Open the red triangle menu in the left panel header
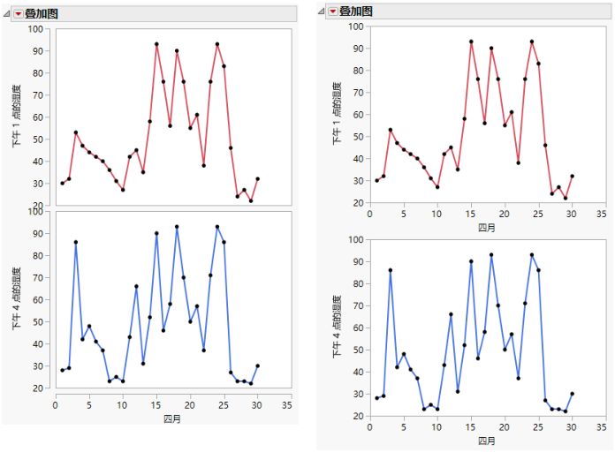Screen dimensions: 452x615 (x=18, y=13)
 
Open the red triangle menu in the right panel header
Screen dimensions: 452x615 (x=333, y=11)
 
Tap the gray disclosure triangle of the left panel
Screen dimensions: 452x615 (x=7, y=13)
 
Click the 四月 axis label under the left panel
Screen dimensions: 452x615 (x=172, y=418)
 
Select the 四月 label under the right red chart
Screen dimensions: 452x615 (x=486, y=227)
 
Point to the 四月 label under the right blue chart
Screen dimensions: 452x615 (x=486, y=440)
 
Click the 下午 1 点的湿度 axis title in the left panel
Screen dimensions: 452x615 (x=16, y=117)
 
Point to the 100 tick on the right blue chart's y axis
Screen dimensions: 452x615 (x=354, y=239)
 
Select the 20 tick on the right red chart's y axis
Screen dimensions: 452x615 (x=357, y=203)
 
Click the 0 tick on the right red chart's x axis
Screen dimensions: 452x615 (x=369, y=214)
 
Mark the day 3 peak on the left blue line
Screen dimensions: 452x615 (x=75, y=242)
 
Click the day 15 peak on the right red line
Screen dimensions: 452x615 (x=471, y=41)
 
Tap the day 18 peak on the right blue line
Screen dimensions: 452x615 (x=491, y=254)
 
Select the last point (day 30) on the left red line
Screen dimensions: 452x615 (x=257, y=179)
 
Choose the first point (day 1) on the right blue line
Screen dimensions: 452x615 (x=376, y=398)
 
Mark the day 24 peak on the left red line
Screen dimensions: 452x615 (x=217, y=44)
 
